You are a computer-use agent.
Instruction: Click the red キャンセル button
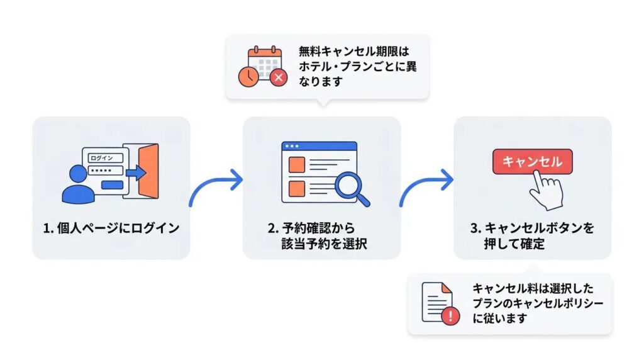tap(532, 162)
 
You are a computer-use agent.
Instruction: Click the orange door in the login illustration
tap(148, 171)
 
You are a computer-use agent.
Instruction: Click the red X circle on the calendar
tap(278, 78)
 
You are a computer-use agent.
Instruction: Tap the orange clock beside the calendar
tap(248, 76)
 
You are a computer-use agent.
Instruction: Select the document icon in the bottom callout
tap(436, 301)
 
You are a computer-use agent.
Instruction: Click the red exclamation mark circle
tap(450, 315)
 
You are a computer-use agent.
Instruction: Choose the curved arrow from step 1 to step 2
tap(216, 187)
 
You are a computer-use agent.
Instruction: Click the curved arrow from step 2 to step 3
tap(426, 187)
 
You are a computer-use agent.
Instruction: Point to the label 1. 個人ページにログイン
tap(111, 228)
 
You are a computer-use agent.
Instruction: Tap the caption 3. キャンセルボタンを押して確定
tap(531, 236)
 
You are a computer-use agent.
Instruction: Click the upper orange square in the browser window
tap(296, 165)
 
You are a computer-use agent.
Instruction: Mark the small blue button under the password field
tap(113, 184)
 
